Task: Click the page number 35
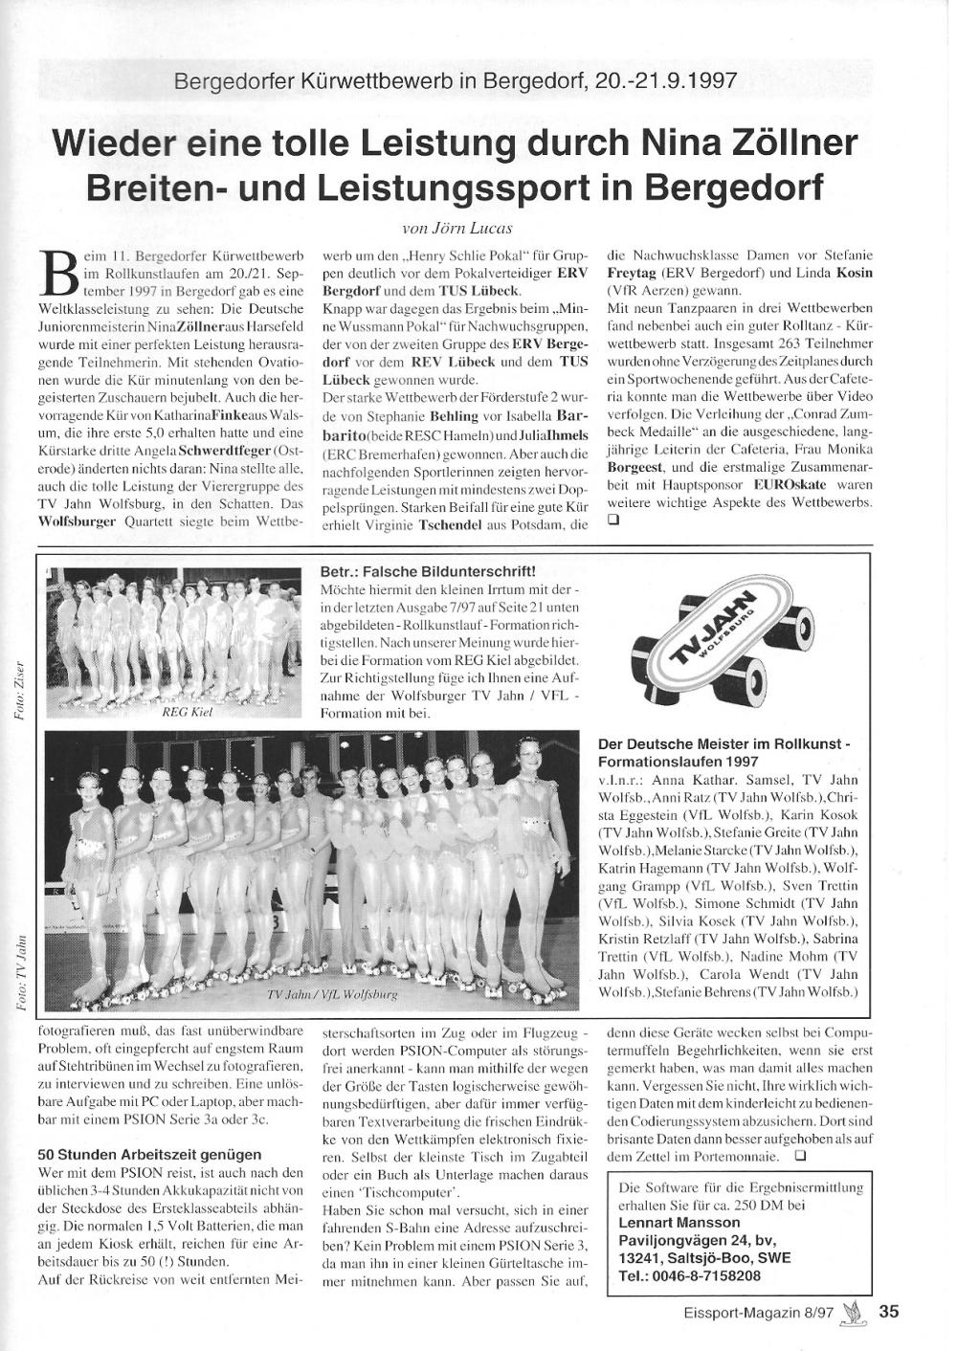[x=889, y=1312]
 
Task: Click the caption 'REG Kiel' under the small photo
[x=187, y=712]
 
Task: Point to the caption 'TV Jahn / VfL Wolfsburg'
[x=331, y=995]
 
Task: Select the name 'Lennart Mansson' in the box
[x=679, y=1222]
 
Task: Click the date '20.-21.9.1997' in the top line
[x=665, y=80]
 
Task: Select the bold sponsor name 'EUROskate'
[x=785, y=485]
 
